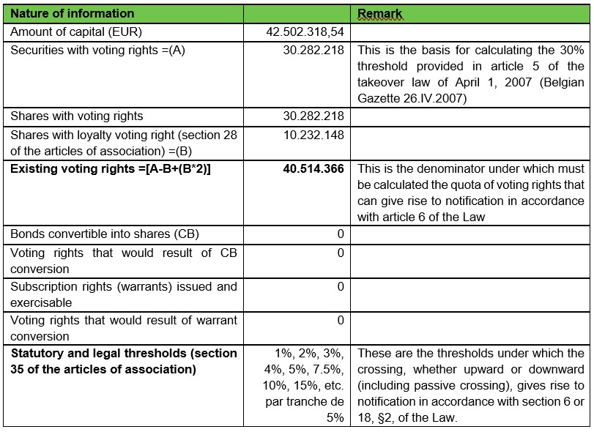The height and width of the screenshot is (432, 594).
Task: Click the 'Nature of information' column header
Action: pyautogui.click(x=73, y=13)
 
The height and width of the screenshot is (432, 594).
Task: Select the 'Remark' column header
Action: pyautogui.click(x=379, y=14)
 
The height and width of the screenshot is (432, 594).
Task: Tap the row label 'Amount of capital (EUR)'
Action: pyautogui.click(x=76, y=32)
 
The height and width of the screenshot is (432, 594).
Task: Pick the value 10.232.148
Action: pyautogui.click(x=313, y=135)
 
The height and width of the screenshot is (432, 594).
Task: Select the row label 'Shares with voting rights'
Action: pyautogui.click(x=77, y=116)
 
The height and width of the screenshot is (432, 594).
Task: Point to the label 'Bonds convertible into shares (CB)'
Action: pyautogui.click(x=105, y=234)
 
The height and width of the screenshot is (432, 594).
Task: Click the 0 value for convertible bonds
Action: pyautogui.click(x=340, y=234)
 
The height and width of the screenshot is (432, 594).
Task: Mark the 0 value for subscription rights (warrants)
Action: pyautogui.click(x=340, y=286)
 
